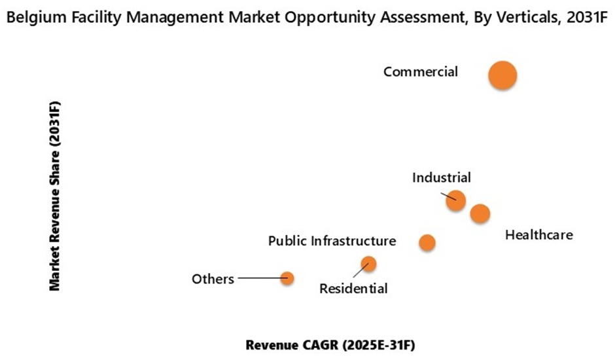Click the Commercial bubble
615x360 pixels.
(502, 75)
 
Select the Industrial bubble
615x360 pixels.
(456, 200)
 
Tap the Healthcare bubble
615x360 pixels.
(480, 213)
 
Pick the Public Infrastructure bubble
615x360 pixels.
(427, 243)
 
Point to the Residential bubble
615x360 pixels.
(369, 264)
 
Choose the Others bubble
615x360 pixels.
(287, 278)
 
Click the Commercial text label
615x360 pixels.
(421, 72)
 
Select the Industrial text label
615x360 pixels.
(442, 177)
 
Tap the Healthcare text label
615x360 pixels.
(539, 234)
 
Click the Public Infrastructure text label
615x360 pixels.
(332, 241)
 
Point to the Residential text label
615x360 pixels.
(353, 288)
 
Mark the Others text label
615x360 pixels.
(213, 279)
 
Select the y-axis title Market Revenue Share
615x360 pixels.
(55, 196)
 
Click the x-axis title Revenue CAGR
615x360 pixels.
(330, 344)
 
